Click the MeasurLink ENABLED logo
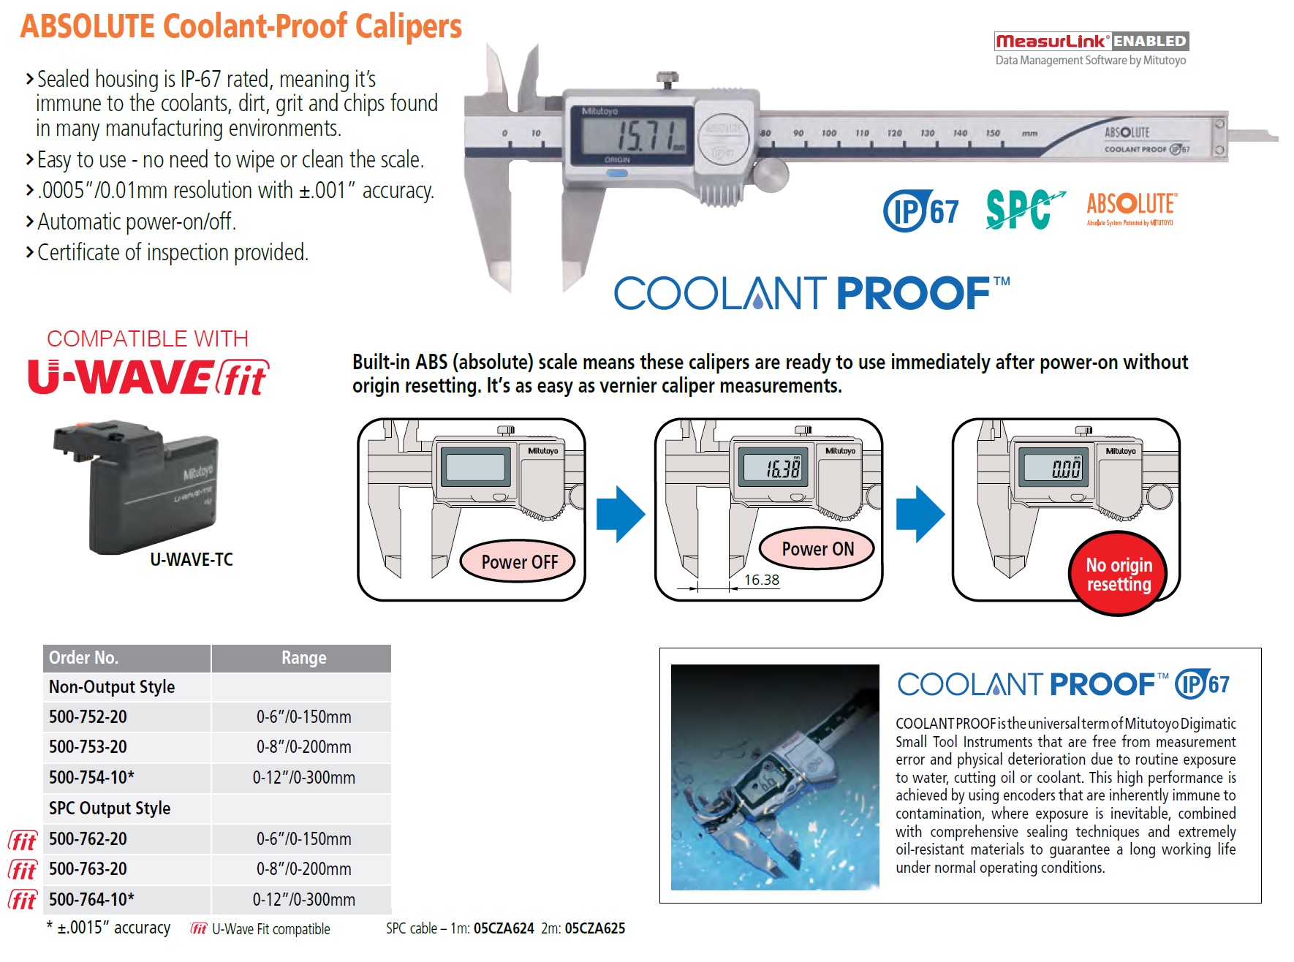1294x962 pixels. coord(1091,42)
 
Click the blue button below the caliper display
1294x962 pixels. coord(617,174)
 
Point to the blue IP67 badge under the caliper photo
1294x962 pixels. coord(920,211)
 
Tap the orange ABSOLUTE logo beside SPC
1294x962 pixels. coord(1130,208)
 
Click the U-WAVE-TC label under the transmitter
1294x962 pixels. coord(192,560)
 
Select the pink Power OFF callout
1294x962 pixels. coord(519,561)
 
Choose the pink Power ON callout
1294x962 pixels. coord(817,548)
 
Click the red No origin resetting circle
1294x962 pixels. coord(1118,575)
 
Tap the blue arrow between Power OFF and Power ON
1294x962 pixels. coord(620,514)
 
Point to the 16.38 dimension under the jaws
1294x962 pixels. coord(761,580)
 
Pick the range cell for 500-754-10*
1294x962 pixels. coord(303,778)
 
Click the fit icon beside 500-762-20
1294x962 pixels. coord(23,841)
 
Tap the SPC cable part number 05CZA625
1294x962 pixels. coord(594,928)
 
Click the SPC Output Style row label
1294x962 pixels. coord(110,808)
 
